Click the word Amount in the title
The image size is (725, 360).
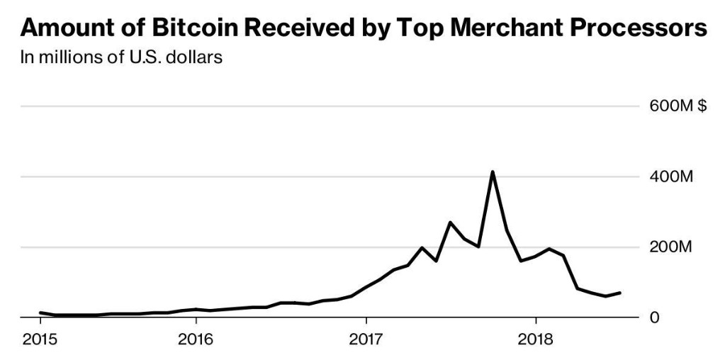coord(62,28)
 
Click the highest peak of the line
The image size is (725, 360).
coord(492,171)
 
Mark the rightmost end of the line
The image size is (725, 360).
coord(620,293)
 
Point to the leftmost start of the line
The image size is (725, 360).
coord(40,312)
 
